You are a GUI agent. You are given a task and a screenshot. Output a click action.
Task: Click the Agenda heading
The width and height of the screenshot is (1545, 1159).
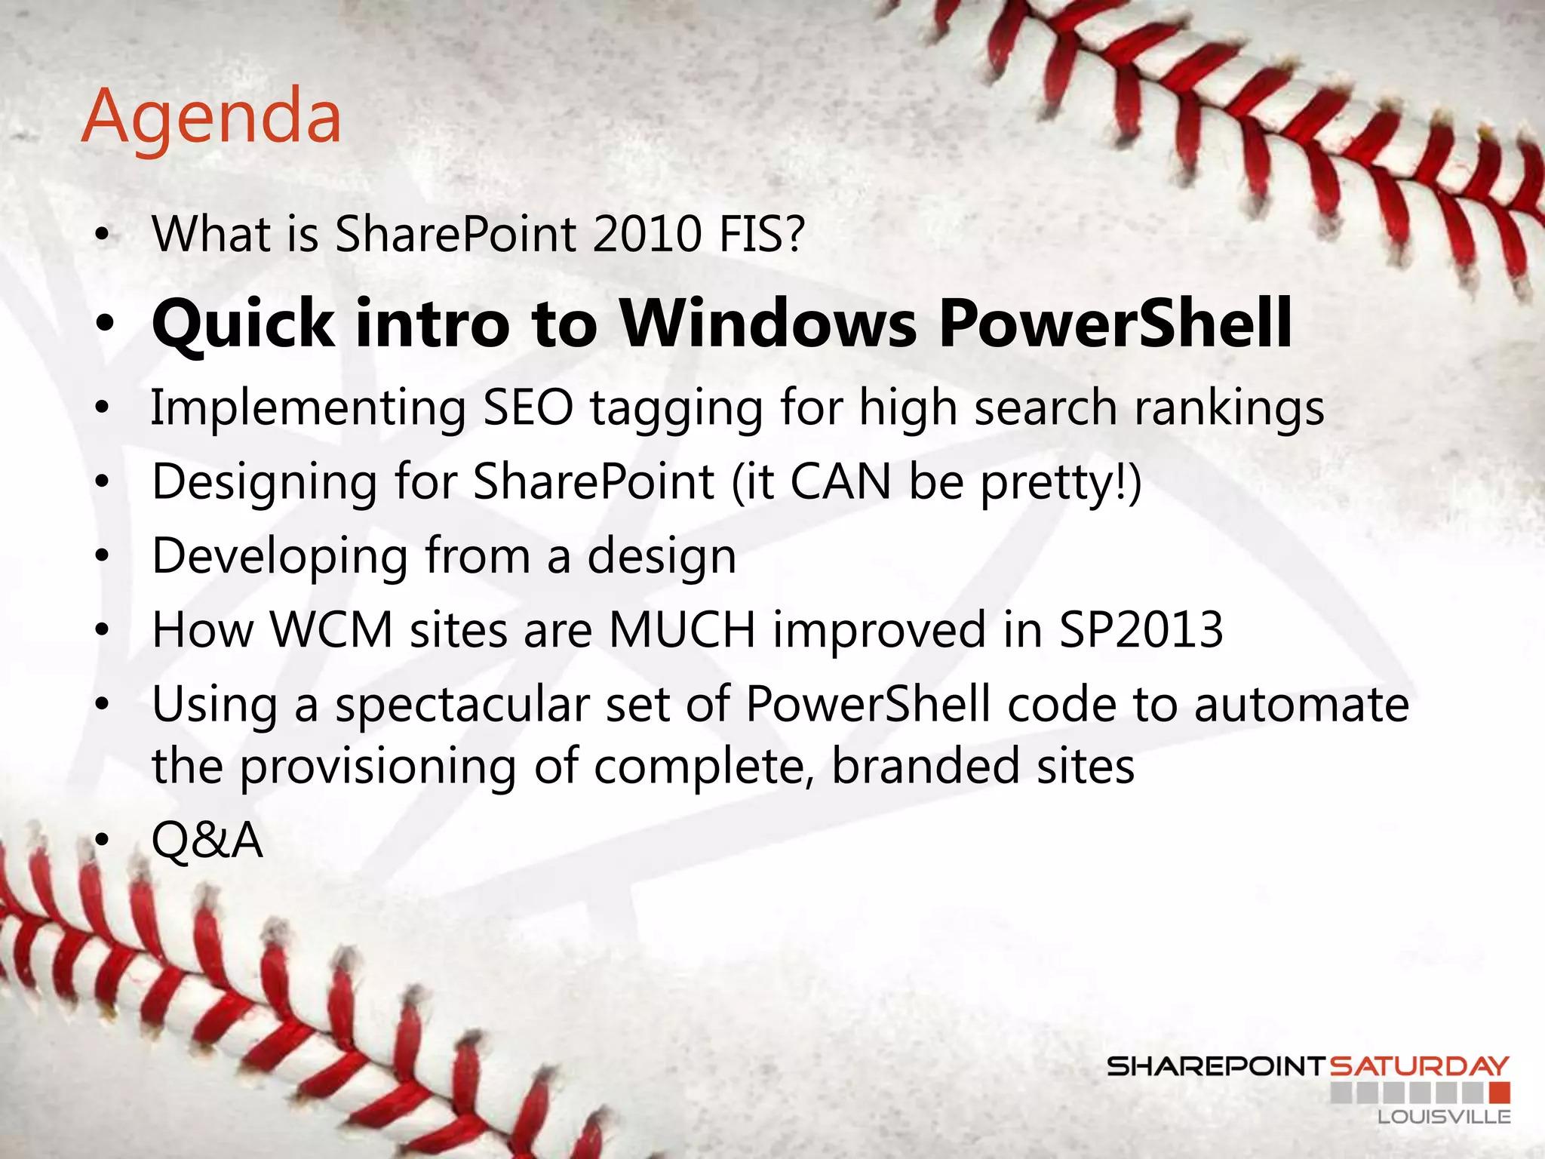coord(211,117)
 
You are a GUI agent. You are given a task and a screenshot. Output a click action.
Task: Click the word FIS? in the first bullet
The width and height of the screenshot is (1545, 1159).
coord(761,234)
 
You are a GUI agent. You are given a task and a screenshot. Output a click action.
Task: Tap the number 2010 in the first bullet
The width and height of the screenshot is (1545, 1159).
coord(647,234)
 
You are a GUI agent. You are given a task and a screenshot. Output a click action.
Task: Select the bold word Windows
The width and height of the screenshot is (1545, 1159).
coord(768,323)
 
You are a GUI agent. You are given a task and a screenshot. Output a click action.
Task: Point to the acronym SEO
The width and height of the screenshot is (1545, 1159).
coord(527,407)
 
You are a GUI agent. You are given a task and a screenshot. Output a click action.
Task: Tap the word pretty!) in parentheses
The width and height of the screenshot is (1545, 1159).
coord(1061,483)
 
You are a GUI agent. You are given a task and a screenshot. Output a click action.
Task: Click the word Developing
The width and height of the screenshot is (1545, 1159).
coord(280,557)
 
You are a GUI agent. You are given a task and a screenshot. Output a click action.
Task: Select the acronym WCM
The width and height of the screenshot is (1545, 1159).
coord(332,629)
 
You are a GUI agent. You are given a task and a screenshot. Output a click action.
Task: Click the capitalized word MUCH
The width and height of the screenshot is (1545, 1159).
coord(682,629)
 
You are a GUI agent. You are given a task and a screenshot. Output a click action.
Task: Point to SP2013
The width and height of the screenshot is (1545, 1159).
coord(1141,629)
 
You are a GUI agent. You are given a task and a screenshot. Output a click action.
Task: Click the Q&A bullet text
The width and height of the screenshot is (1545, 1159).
coord(207,840)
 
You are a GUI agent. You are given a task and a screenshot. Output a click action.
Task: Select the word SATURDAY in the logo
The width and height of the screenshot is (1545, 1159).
coord(1418,1066)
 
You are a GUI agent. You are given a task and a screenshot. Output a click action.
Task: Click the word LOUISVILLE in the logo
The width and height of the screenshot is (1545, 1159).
coord(1444,1117)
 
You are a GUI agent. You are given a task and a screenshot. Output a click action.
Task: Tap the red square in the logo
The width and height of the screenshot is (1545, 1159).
coord(1500,1092)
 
